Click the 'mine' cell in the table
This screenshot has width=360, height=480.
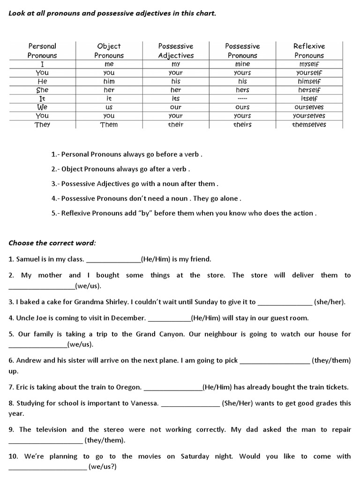(242, 64)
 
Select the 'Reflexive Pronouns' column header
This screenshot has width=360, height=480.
(309, 51)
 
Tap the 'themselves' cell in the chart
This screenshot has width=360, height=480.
(309, 124)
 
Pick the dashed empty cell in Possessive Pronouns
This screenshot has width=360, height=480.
(242, 98)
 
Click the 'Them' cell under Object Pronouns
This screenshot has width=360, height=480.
(109, 124)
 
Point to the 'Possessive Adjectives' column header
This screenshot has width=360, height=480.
(176, 51)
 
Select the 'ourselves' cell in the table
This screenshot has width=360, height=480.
(309, 107)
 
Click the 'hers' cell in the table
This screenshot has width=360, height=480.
(242, 90)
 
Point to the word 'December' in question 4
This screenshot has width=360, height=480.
(129, 318)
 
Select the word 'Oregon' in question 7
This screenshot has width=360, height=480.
(127, 387)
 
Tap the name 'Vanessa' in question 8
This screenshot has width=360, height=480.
(144, 403)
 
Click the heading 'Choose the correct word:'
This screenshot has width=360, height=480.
(52, 243)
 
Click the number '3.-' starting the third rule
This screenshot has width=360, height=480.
(55, 184)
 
